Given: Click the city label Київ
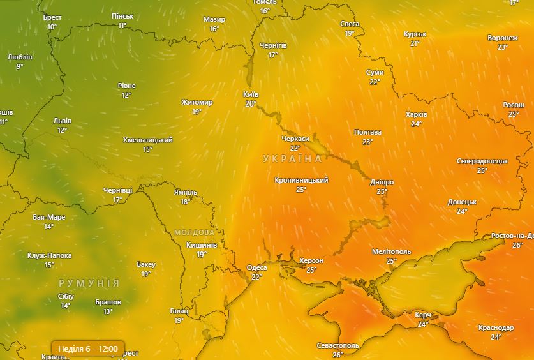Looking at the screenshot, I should (251, 94).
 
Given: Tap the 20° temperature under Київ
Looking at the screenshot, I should (251, 103).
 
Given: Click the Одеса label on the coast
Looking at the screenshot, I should (256, 267).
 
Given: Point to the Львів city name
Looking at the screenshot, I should (62, 121).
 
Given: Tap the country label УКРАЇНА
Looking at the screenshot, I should (292, 158).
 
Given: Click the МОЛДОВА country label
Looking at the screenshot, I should (194, 232).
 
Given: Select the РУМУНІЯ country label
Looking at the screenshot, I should (89, 283).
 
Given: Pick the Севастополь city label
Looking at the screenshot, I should (337, 345).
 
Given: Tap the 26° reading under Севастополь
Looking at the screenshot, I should (337, 355).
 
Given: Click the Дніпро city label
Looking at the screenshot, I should (382, 182).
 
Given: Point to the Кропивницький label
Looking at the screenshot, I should (301, 181).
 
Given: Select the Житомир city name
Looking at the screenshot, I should (197, 102).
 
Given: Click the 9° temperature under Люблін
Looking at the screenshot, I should (20, 66).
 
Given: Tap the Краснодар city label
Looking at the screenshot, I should (496, 327).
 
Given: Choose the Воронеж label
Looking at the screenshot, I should (502, 38).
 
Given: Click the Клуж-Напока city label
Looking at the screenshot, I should (49, 255).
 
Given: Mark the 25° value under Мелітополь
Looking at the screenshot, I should (391, 261).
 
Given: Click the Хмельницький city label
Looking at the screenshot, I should (147, 140).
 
